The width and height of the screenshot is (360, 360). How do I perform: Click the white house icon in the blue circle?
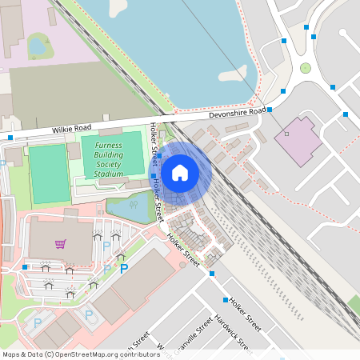click(180, 172)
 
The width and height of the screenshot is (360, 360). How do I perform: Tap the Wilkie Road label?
click(73, 129)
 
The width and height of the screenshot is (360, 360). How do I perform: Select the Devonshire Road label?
click(237, 114)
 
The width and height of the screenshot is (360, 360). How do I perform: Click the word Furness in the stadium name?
click(109, 145)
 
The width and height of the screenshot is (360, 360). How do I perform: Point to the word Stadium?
click(109, 174)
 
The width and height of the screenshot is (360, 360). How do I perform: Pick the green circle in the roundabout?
click(305, 69)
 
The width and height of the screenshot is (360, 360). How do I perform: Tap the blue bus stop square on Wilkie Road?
click(10, 138)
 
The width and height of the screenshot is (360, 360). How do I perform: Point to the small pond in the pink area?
click(38, 46)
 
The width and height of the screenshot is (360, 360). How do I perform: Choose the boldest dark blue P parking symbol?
click(124, 269)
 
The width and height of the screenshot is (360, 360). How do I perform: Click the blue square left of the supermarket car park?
click(25, 266)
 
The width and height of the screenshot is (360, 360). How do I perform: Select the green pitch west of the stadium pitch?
click(49, 173)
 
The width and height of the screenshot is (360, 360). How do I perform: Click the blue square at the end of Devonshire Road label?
click(270, 109)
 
